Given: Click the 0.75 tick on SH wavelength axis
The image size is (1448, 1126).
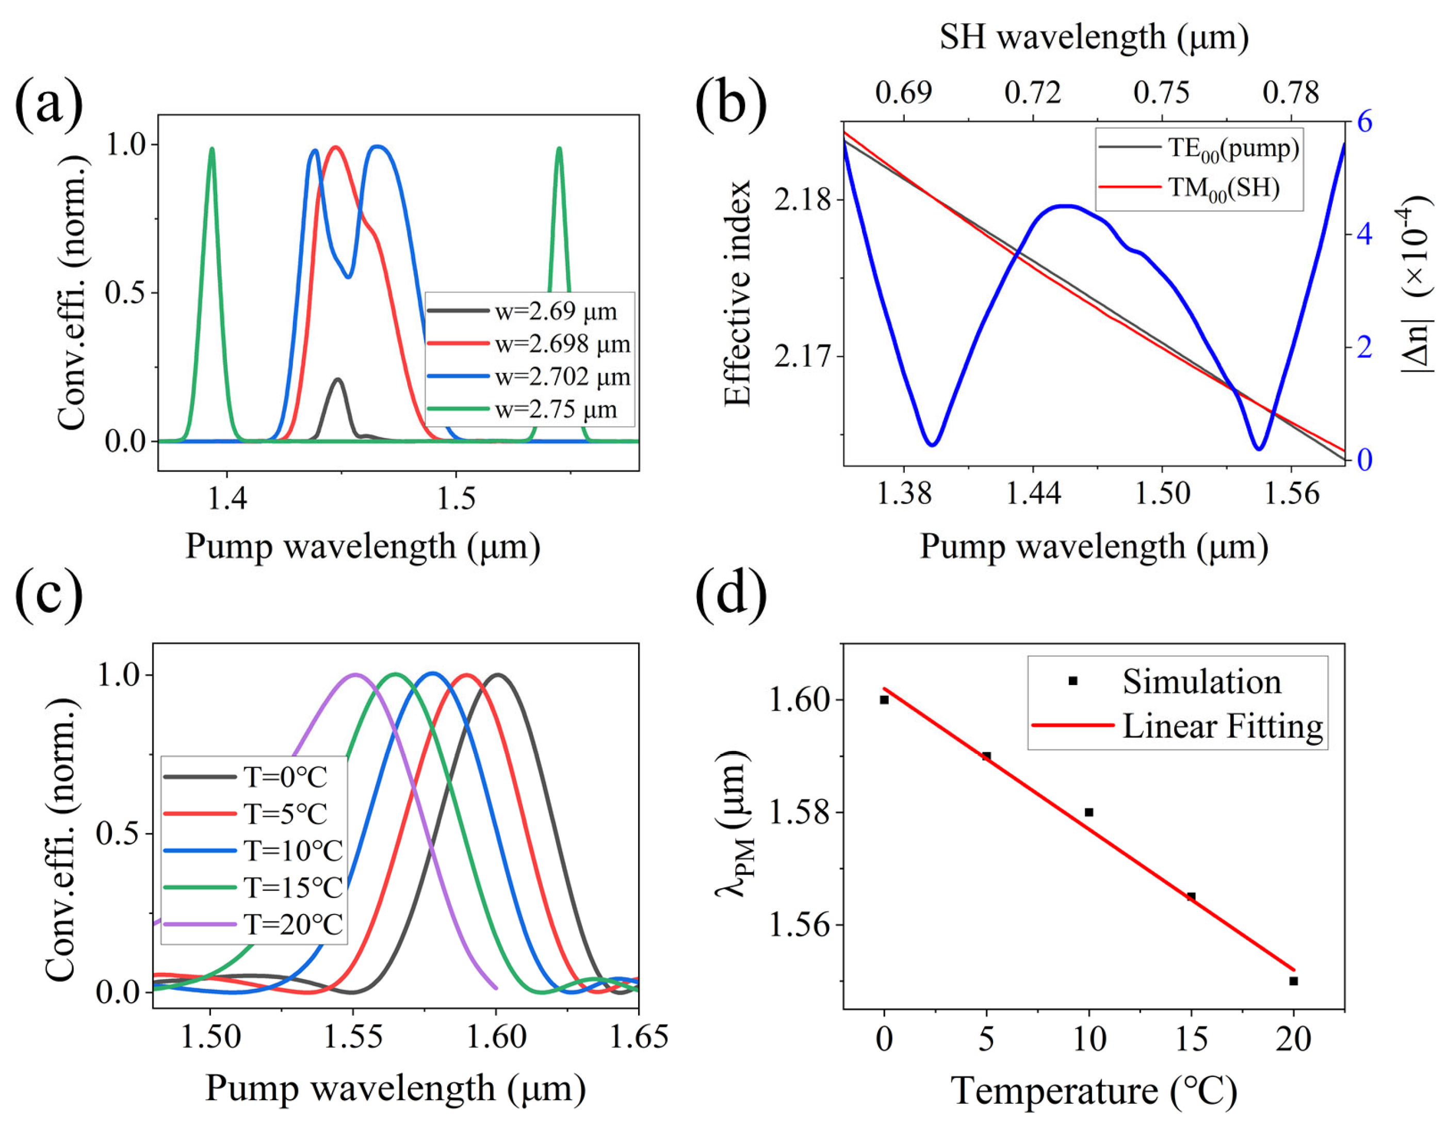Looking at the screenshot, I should click(1162, 93).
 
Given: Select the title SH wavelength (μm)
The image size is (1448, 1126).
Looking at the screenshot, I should click(1094, 37).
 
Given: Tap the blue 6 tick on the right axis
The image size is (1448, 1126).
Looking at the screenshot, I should click(1364, 122).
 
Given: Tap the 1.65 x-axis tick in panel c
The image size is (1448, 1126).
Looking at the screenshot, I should click(639, 1036).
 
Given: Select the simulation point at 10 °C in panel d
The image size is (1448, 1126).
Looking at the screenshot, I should click(1088, 812).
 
